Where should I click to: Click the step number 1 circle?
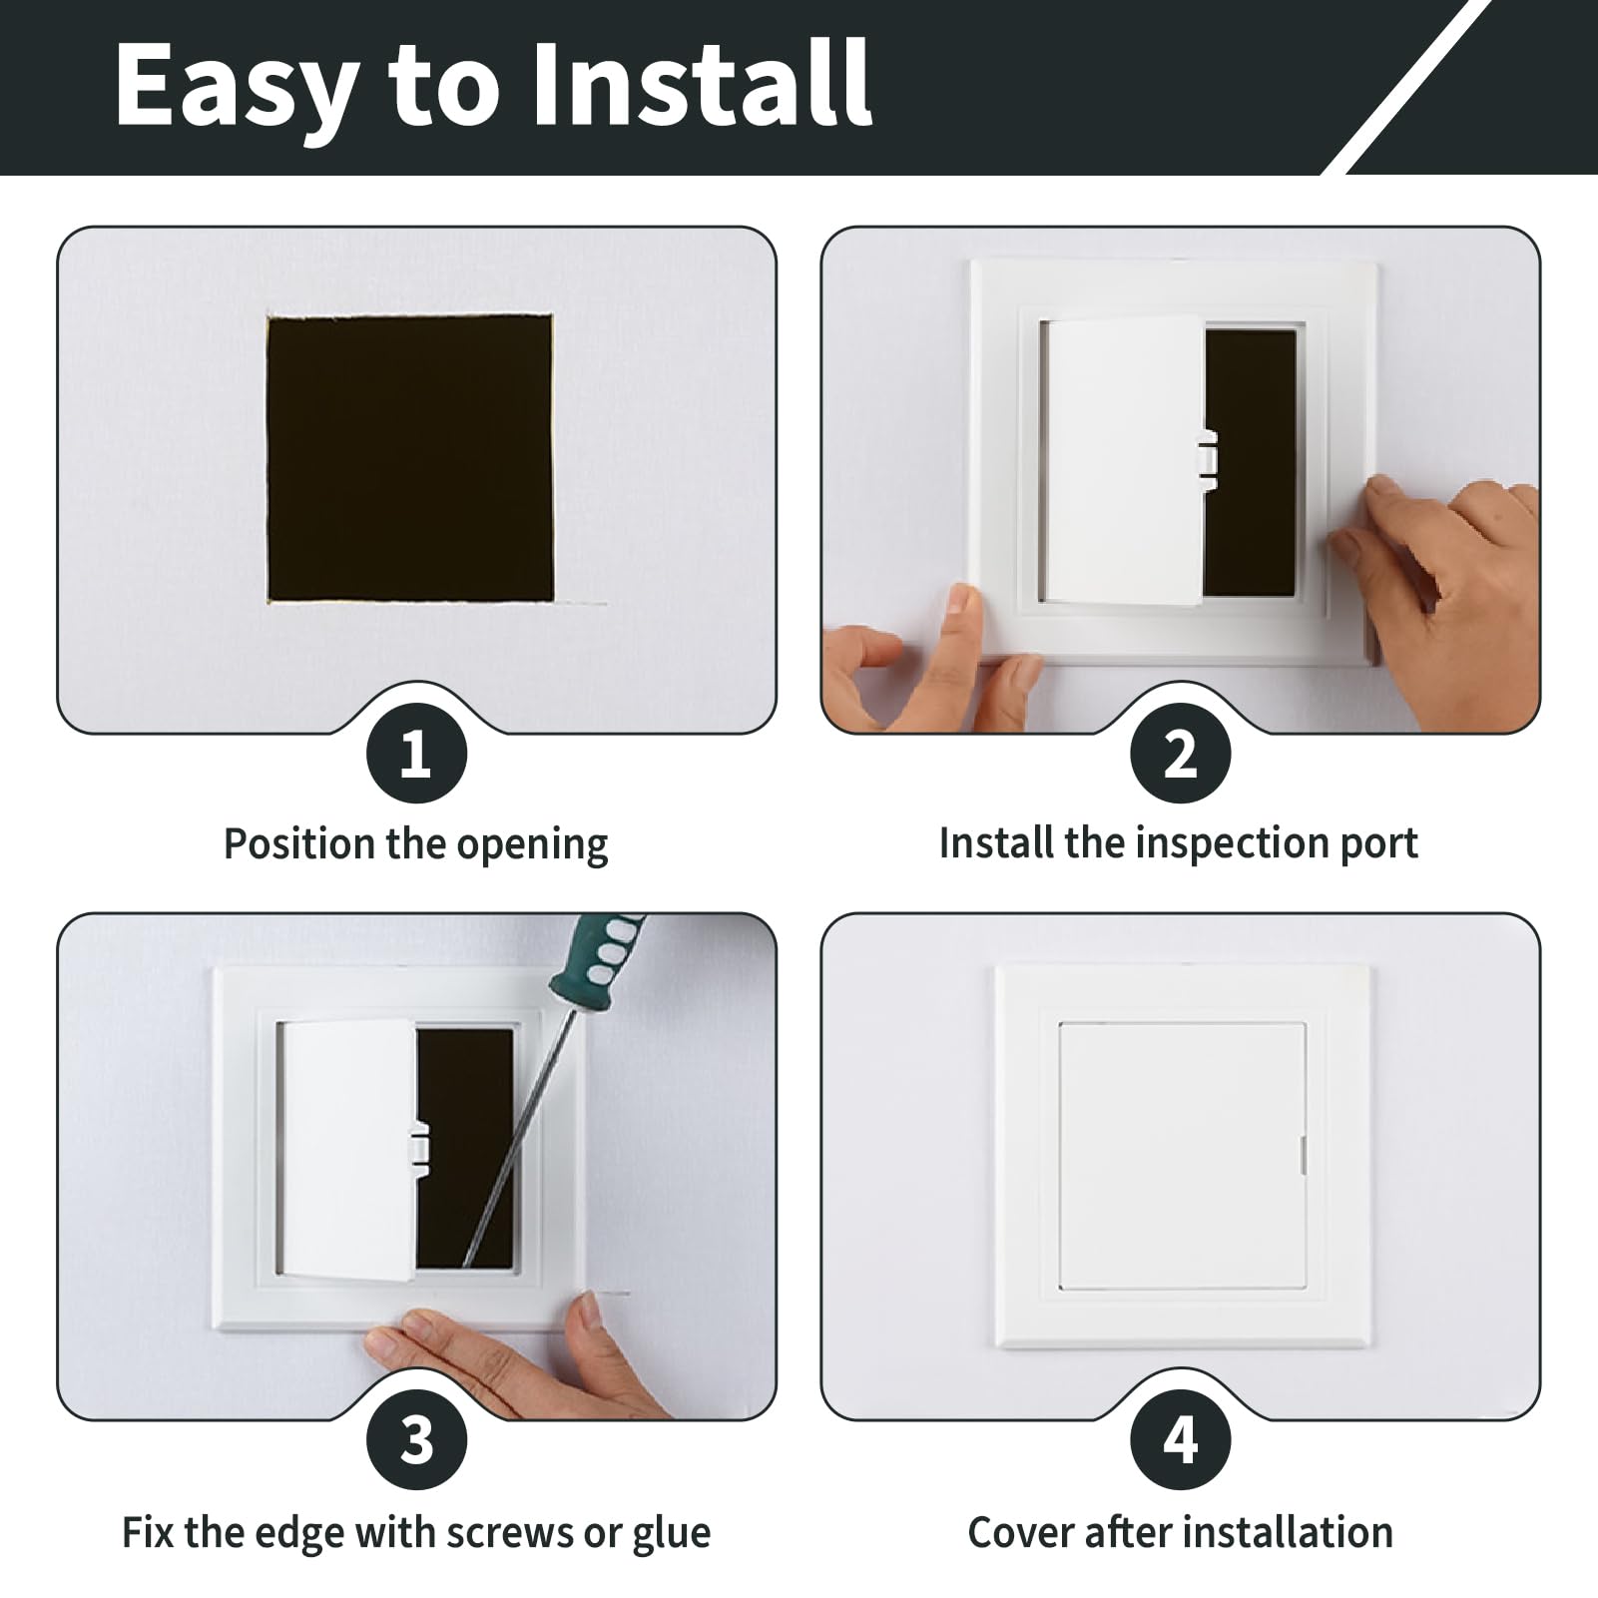[x=416, y=754]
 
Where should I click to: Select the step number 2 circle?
[x=1180, y=754]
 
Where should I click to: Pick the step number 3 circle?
[x=416, y=1440]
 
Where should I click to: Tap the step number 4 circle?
[x=1180, y=1440]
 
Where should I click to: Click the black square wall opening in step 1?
[x=410, y=458]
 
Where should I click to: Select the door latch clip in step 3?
[x=420, y=1144]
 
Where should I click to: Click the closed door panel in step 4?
[x=1182, y=1155]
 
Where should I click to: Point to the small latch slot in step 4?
[x=1303, y=1155]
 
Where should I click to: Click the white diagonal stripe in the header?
[x=1407, y=87]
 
